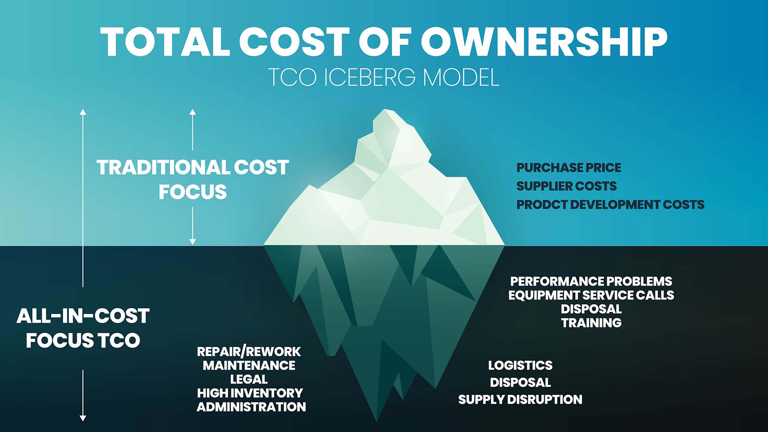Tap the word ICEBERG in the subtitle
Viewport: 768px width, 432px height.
(x=370, y=77)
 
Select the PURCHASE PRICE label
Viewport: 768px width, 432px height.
(x=569, y=168)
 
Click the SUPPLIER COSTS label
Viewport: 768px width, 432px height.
(x=566, y=186)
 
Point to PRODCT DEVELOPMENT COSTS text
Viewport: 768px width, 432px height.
(x=610, y=204)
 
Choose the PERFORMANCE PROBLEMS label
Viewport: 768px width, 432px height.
(x=591, y=281)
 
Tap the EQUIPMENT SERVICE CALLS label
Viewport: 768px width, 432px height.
(x=591, y=295)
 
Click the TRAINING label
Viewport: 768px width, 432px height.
(x=591, y=323)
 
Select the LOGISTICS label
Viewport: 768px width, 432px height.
(x=520, y=365)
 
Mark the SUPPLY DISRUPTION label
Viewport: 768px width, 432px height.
(x=520, y=399)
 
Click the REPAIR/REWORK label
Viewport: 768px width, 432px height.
(x=249, y=352)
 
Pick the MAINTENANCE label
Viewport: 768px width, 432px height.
(x=249, y=365)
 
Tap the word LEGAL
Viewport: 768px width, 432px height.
(x=249, y=379)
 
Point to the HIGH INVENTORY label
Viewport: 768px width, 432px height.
(x=250, y=393)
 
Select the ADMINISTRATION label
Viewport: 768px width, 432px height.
(x=251, y=407)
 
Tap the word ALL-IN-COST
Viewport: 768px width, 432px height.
(x=83, y=316)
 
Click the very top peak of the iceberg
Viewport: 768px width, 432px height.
(x=385, y=109)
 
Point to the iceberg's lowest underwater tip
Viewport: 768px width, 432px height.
(x=376, y=421)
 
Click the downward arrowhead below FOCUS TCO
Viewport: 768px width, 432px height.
(x=83, y=418)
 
